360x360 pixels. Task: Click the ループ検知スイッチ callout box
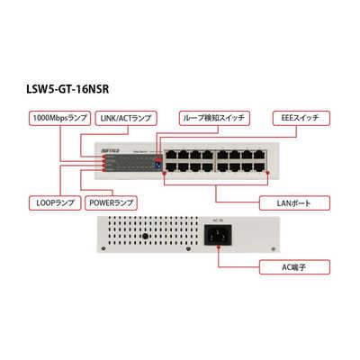click(212, 117)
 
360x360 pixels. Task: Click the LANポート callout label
click(281, 202)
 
